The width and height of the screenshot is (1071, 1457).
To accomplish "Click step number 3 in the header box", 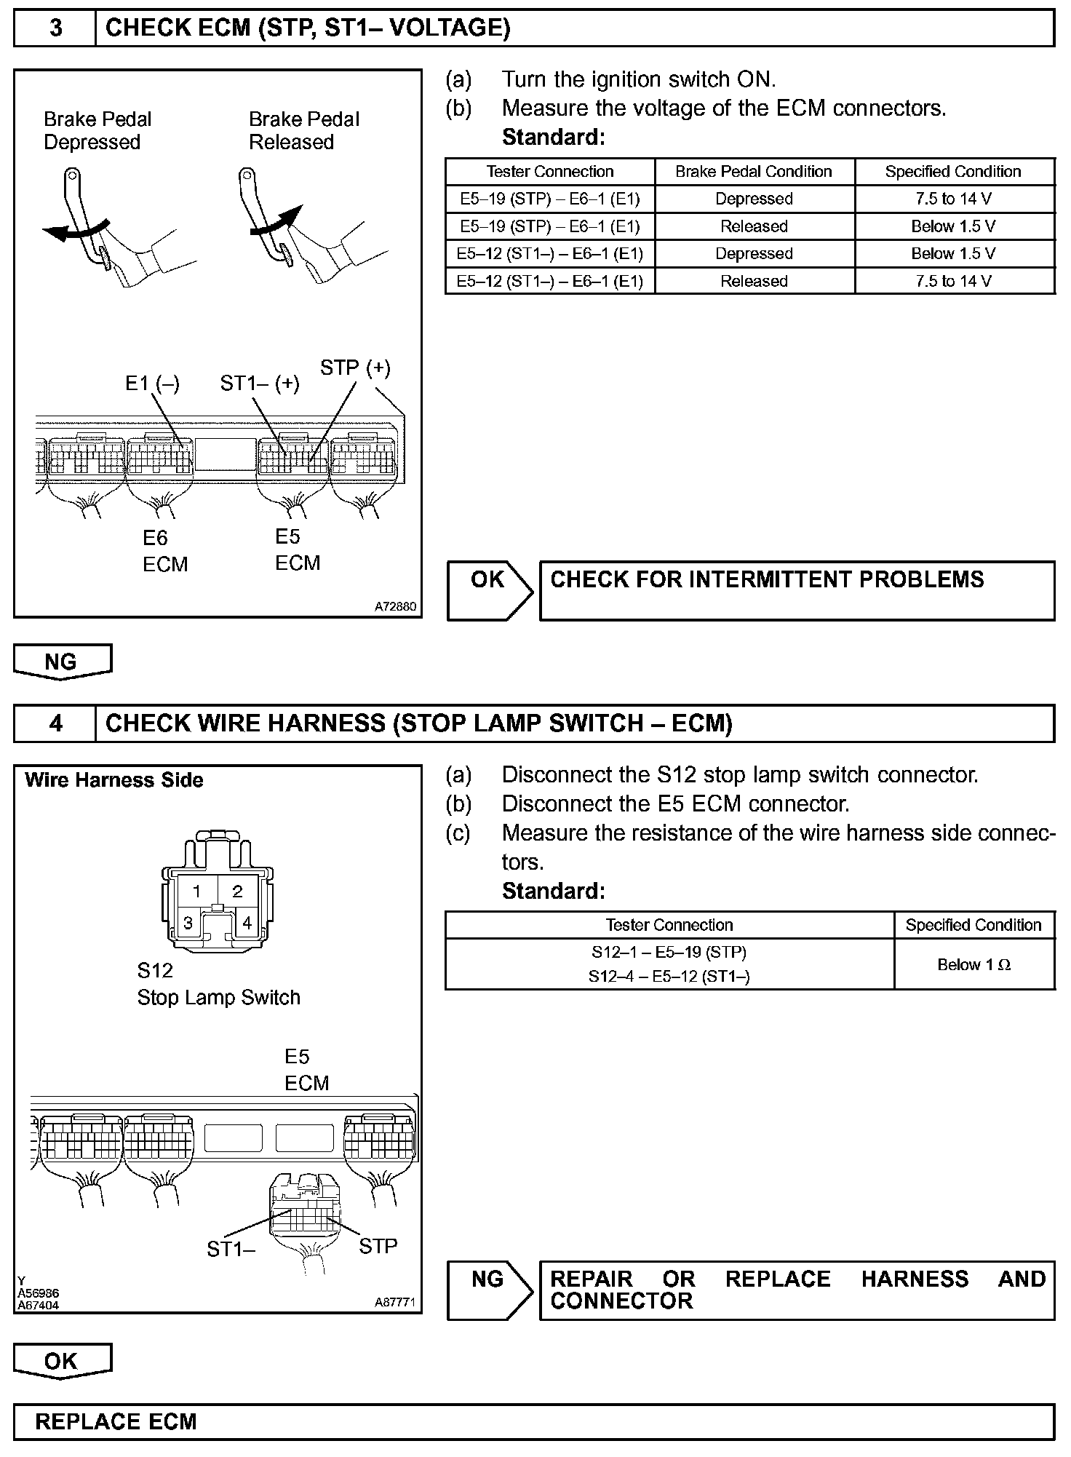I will tap(55, 28).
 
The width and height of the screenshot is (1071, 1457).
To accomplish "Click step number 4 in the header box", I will tap(55, 723).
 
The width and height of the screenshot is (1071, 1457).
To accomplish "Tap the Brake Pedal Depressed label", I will tap(97, 130).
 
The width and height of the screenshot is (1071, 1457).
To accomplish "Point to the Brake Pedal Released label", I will tap(304, 130).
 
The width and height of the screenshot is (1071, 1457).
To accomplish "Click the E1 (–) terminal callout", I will tap(152, 383).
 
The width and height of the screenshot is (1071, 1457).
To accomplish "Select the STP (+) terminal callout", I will tap(355, 368).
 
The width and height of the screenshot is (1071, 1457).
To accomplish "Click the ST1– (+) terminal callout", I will tap(260, 383).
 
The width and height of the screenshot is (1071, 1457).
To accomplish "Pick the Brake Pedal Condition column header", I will tap(754, 172).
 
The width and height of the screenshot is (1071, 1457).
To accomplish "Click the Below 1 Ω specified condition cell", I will tap(974, 965).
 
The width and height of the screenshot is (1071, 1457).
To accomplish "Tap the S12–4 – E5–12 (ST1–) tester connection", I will tap(669, 977).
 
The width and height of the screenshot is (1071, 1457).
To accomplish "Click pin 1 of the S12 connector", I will tap(196, 891).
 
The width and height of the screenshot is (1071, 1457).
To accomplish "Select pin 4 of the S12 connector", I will tap(247, 923).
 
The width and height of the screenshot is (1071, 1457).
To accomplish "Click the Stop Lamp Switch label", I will tap(218, 997).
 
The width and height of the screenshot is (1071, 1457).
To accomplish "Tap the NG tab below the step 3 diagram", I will tap(61, 662).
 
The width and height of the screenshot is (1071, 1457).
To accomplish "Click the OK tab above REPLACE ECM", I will tap(61, 1361).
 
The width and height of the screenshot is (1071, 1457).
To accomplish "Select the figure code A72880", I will tap(396, 606).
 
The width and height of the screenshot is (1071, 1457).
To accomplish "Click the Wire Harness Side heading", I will tap(114, 780).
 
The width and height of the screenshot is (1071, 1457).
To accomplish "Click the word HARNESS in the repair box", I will tap(915, 1279).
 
